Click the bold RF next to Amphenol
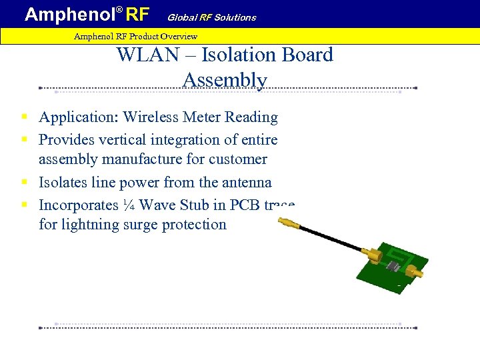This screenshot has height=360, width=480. point(135,13)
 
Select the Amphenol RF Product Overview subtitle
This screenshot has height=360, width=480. point(135,36)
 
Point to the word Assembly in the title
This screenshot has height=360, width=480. point(225,80)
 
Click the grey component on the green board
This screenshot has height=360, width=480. point(393,267)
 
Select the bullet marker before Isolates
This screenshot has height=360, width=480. point(23,182)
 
